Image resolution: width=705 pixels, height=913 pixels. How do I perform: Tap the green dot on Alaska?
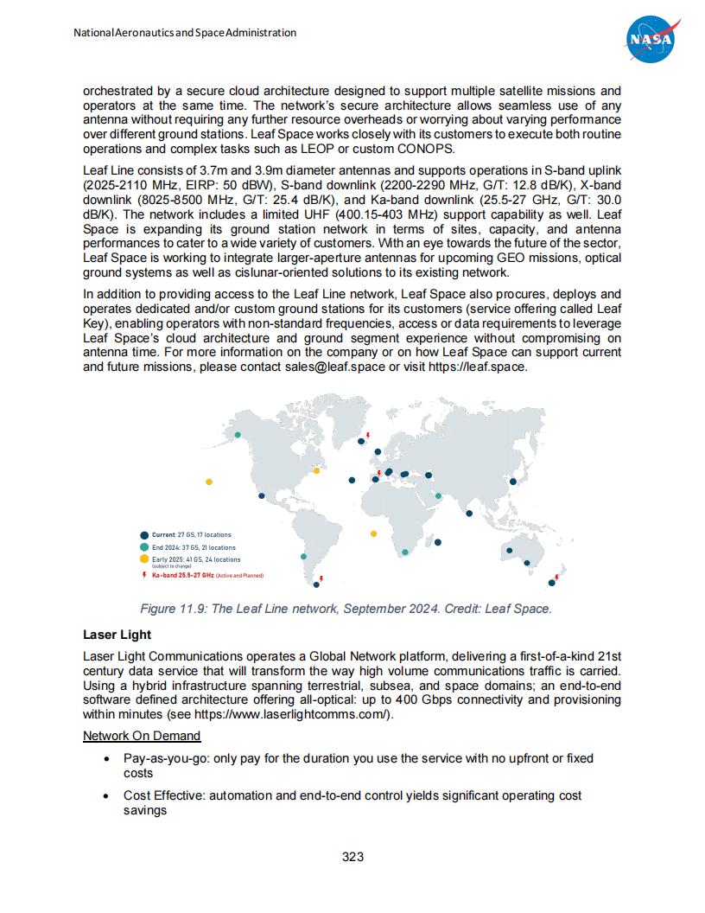[238, 434]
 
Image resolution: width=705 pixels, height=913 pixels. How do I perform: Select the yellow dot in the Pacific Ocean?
[208, 482]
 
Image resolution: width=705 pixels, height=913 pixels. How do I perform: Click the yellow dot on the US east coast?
[316, 470]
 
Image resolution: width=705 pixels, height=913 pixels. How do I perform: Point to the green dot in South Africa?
[405, 552]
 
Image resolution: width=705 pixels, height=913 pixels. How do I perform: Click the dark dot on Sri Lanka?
[469, 514]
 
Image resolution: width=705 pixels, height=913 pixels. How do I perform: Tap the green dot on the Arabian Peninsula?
[438, 496]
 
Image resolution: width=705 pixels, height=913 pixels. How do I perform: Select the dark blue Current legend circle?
[144, 535]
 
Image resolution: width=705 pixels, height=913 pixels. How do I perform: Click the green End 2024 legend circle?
[144, 547]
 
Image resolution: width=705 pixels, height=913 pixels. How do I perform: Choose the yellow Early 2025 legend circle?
[144, 560]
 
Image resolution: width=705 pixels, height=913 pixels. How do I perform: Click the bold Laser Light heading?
[111, 635]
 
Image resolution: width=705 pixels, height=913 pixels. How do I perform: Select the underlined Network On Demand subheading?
[142, 736]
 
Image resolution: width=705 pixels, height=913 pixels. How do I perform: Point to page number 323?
[352, 858]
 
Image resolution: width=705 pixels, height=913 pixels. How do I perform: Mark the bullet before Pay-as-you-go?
[105, 758]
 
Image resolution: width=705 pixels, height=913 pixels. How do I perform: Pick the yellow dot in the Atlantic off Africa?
[373, 533]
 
